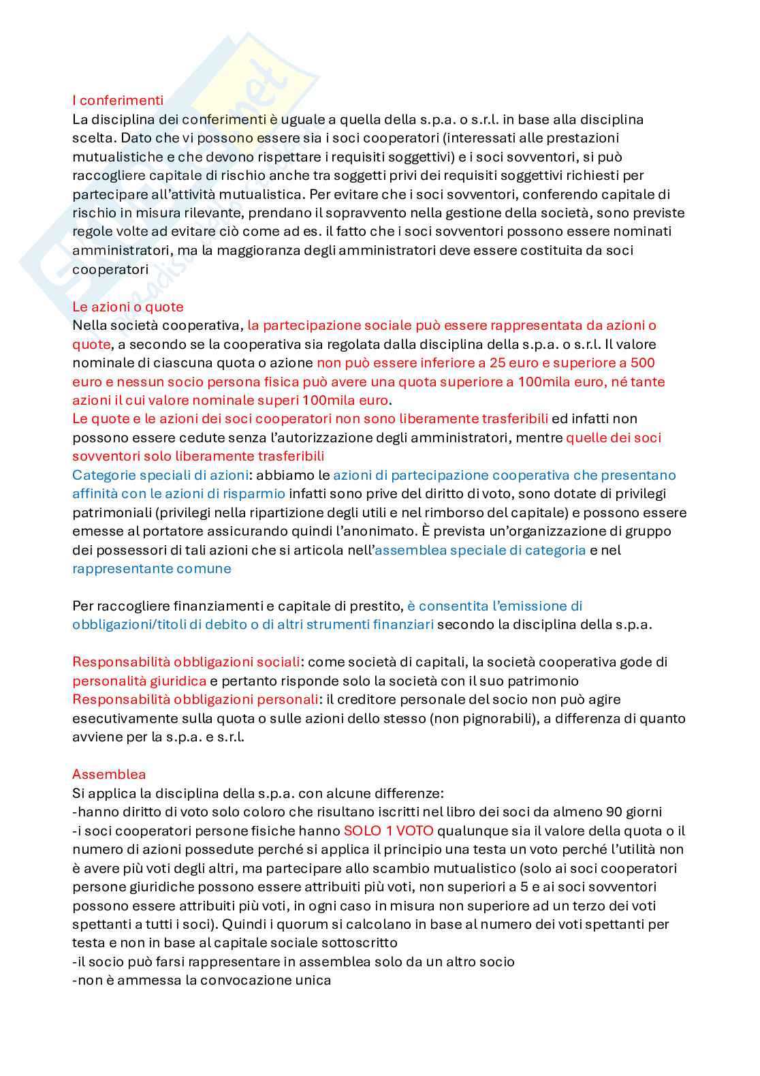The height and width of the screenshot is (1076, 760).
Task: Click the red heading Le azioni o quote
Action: click(128, 307)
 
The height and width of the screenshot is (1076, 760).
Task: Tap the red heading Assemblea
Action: click(109, 774)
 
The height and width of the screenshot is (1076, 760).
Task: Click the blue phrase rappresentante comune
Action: click(151, 568)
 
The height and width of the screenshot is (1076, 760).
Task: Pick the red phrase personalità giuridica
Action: click(139, 681)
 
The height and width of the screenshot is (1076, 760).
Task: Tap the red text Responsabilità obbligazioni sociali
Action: click(186, 662)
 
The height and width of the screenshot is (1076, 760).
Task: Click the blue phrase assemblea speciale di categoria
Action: click(480, 550)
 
